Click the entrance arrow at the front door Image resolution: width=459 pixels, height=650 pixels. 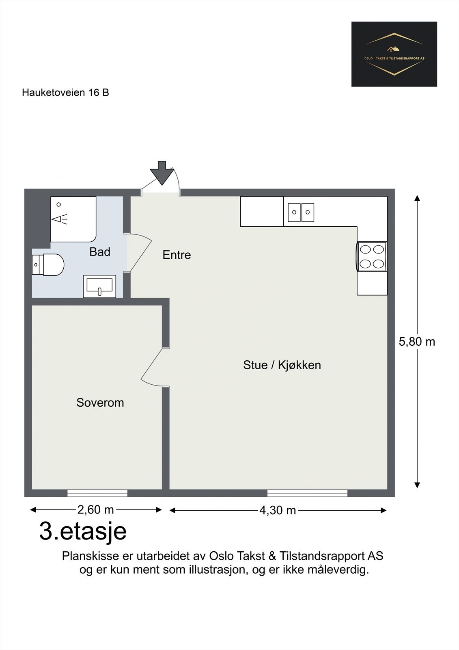click(x=162, y=173)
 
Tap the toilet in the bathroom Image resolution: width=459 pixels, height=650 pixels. click(x=48, y=264)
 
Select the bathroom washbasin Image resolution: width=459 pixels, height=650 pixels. click(x=99, y=286)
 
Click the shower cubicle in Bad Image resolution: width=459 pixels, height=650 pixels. click(x=73, y=219)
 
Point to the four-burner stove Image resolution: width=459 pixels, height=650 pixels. click(x=372, y=256)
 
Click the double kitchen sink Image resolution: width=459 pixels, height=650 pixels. click(x=301, y=212)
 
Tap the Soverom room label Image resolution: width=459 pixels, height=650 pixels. click(x=100, y=403)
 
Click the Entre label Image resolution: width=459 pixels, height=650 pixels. click(x=177, y=255)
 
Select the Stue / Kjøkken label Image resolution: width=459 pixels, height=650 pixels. click(x=282, y=365)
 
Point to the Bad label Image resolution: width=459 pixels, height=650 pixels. click(x=100, y=251)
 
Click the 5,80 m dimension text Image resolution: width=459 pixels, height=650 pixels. click(x=417, y=342)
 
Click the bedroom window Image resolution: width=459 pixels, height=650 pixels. click(x=97, y=493)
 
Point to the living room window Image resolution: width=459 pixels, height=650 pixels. click(x=307, y=493)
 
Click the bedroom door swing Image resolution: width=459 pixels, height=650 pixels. click(x=151, y=367)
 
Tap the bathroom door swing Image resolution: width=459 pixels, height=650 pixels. click(x=141, y=252)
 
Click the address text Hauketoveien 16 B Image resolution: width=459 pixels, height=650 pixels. click(x=65, y=93)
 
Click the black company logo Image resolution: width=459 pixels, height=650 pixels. click(x=394, y=54)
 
